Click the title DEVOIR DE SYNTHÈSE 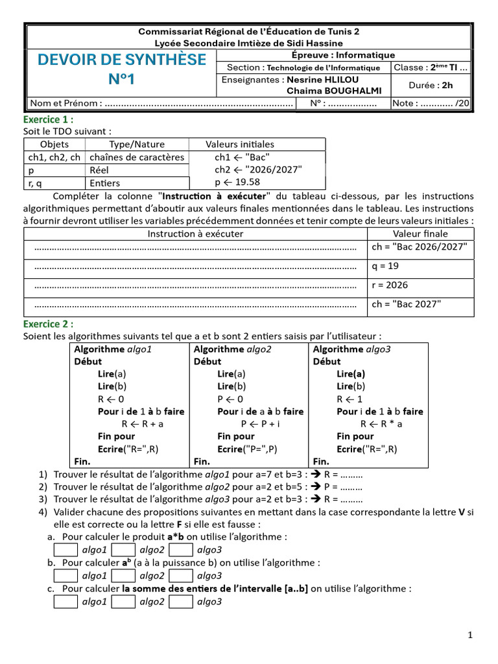(x=122, y=60)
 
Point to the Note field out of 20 (x=431, y=103)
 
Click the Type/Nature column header (x=136, y=145)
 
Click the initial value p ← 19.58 (x=237, y=182)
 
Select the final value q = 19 (x=385, y=266)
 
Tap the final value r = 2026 (x=390, y=285)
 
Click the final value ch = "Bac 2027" (x=406, y=303)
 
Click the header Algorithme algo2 (x=232, y=349)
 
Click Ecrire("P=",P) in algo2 (x=247, y=449)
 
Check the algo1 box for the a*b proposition (x=65, y=549)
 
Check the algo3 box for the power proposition (x=181, y=575)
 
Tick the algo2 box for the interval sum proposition (x=123, y=601)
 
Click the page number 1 (x=470, y=636)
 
